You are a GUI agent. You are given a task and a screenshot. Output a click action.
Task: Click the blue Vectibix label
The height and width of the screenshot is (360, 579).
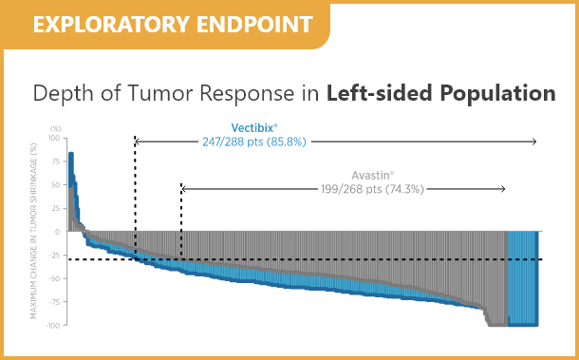(255, 127)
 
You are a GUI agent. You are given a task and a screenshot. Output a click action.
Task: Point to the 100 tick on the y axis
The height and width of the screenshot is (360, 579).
(54, 139)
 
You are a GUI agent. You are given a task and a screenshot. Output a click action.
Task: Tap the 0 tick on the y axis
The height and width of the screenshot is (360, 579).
(58, 232)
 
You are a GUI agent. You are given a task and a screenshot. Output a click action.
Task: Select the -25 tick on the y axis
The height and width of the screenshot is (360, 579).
(54, 256)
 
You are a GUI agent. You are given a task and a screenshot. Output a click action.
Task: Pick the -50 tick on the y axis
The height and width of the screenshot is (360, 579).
(54, 278)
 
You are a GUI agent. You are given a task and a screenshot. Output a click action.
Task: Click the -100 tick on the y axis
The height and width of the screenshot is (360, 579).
(53, 325)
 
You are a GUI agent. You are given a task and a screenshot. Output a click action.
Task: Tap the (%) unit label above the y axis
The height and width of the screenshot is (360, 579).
(56, 128)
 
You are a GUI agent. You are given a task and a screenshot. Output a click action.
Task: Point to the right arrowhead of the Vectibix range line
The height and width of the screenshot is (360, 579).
(533, 142)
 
